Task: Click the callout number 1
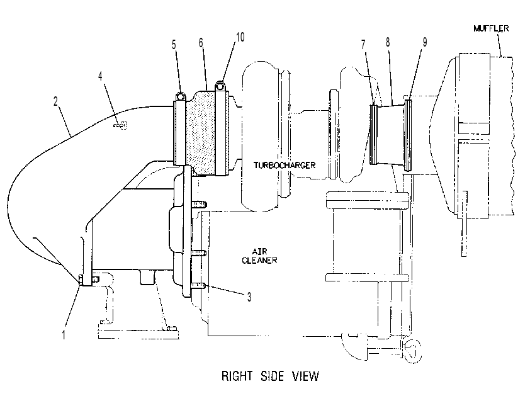[x=63, y=335]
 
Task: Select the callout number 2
[x=56, y=101]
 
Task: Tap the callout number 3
[x=249, y=297]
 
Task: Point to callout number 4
[x=100, y=76]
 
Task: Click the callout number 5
[x=174, y=45]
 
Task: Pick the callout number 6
[x=201, y=43]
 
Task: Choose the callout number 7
[x=363, y=44]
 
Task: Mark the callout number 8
[x=388, y=42]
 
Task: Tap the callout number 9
[x=425, y=42]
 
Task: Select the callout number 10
[x=240, y=37]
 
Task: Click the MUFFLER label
[x=491, y=28]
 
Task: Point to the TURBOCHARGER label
[x=285, y=166]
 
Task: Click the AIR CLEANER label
[x=259, y=256]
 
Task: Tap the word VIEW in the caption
[x=306, y=376]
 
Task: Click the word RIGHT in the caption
[x=237, y=376]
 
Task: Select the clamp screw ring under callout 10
[x=220, y=86]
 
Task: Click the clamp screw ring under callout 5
[x=180, y=96]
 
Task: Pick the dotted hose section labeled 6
[x=201, y=133]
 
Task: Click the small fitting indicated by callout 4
[x=121, y=126]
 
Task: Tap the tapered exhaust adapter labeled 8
[x=390, y=135]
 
